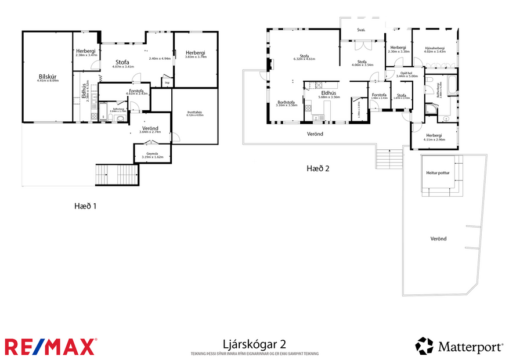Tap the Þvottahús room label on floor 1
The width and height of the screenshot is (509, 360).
pos(194,112)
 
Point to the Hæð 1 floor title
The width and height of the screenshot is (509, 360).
pos(85,206)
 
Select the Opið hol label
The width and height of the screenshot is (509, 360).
pos(406,73)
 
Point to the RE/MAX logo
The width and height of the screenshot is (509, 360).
pos(50,347)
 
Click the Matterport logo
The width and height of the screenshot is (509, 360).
pos(459,347)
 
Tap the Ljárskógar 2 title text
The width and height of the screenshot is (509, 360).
pos(254,344)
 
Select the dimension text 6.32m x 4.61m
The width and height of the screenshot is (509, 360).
pos(304,59)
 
